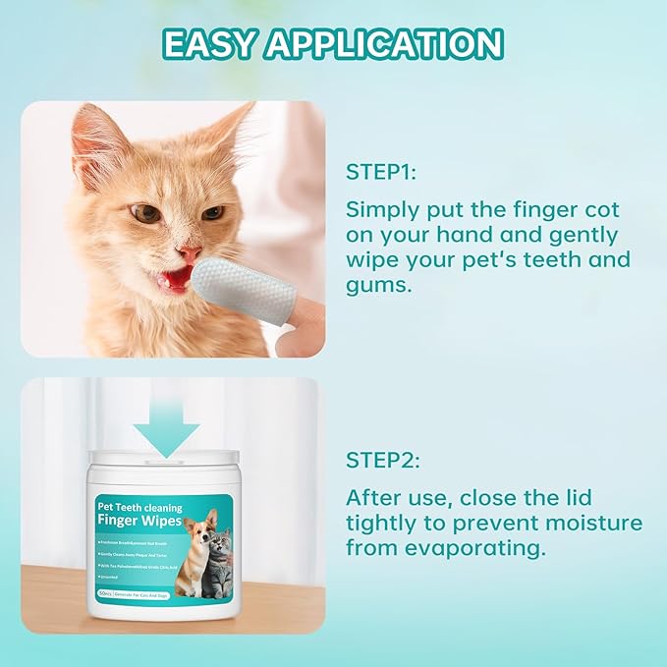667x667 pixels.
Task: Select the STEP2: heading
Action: click(x=382, y=459)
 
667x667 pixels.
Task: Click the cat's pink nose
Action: click(x=192, y=254)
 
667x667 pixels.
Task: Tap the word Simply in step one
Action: click(x=379, y=210)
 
